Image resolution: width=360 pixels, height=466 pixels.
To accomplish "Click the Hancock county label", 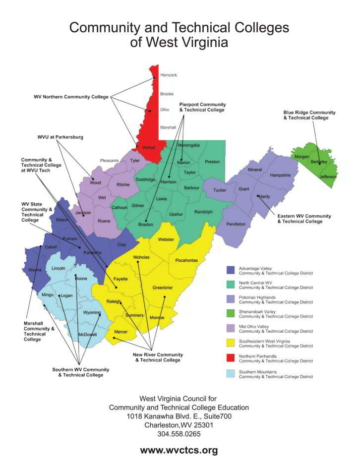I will tap(169, 75).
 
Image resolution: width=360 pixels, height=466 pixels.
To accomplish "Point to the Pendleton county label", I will tap(236, 224).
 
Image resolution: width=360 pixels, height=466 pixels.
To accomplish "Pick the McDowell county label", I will tap(87, 335).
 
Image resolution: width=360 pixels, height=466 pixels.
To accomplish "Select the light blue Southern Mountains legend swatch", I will tap(230, 373).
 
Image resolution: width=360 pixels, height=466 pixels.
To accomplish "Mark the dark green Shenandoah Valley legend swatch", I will tap(230, 314).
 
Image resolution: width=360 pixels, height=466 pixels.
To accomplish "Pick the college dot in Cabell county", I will tap(40, 246).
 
